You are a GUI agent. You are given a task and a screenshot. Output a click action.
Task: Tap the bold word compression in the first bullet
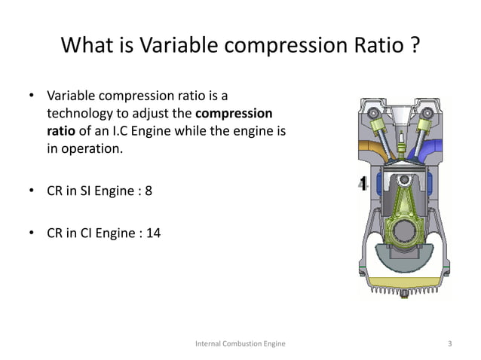tap(234, 113)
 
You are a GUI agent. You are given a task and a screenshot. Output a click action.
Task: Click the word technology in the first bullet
tap(76, 113)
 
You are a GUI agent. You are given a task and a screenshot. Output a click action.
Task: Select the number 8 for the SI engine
tap(149, 191)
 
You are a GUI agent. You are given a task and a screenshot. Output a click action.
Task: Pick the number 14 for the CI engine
tap(153, 233)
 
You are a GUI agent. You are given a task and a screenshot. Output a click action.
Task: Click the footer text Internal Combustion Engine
tap(240, 344)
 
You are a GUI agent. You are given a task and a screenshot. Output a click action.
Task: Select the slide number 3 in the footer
tap(449, 344)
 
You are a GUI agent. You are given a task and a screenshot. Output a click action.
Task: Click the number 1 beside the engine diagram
tap(363, 184)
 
